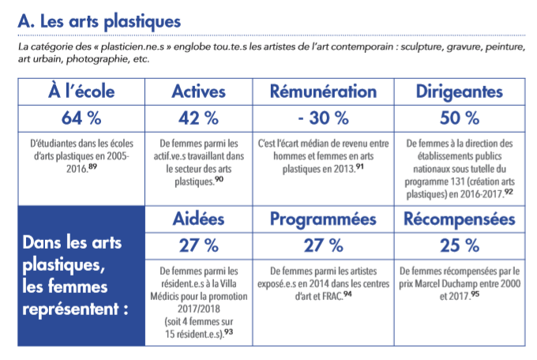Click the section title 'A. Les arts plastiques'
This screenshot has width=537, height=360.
tap(100, 22)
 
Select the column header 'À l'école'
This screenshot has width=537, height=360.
tap(81, 92)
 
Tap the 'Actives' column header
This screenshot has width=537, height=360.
tap(199, 92)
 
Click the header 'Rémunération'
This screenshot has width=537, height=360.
tap(323, 92)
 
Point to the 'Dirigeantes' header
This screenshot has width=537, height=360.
tap(460, 92)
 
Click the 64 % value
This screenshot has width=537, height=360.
tap(81, 118)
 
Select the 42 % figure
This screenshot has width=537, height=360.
tap(199, 118)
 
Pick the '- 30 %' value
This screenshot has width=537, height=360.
tap(323, 118)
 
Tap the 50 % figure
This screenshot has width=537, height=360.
tap(460, 118)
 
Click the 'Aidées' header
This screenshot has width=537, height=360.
tap(199, 219)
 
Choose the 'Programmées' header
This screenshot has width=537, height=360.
tap(323, 219)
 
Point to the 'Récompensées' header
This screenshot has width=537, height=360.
tap(460, 219)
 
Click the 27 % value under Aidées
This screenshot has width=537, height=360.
tap(199, 246)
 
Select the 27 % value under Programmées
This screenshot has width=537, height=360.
tap(323, 246)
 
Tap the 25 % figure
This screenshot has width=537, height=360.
tap(460, 246)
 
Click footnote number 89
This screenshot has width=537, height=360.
tap(92, 167)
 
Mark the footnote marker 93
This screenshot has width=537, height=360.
tap(228, 332)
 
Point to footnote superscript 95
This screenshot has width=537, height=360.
tap(475, 294)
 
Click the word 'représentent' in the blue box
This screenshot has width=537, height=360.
tap(70, 309)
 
